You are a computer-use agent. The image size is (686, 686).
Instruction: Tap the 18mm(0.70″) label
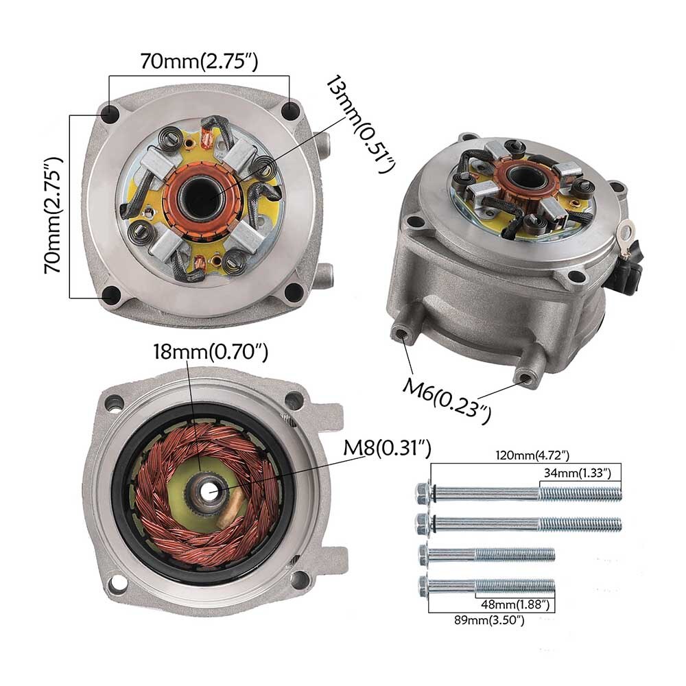[210, 351]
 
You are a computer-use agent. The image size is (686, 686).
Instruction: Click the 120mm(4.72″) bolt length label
[532, 456]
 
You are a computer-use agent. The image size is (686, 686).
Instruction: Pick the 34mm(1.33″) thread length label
[578, 473]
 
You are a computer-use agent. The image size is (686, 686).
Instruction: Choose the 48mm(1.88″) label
[515, 604]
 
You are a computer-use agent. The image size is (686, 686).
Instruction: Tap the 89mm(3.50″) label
[489, 620]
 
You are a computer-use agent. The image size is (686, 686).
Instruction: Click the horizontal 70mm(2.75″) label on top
[199, 62]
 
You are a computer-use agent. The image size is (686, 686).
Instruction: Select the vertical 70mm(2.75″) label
[54, 215]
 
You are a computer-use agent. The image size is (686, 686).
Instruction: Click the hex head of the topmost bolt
[423, 493]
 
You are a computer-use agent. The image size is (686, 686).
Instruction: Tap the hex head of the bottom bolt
[424, 585]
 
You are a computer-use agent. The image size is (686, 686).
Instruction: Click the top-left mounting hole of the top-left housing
[109, 114]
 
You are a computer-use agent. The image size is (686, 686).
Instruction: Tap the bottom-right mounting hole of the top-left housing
[294, 292]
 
